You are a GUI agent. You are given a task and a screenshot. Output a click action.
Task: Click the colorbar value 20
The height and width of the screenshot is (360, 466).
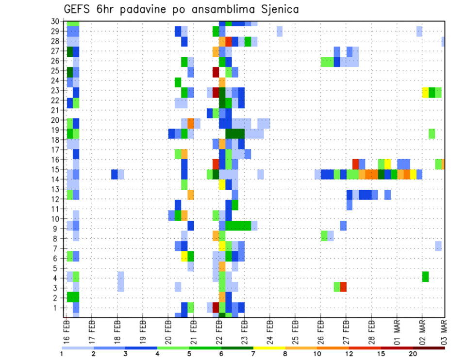pos(413,353)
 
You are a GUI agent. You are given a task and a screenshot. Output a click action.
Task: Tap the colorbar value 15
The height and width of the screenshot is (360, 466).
pos(381,353)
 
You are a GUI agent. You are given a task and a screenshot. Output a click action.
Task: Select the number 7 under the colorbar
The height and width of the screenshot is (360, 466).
pos(253,353)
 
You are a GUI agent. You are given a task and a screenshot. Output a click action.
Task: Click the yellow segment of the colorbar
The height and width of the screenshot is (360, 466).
pos(269,347)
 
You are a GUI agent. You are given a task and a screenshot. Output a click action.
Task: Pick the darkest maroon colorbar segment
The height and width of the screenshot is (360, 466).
pos(429,347)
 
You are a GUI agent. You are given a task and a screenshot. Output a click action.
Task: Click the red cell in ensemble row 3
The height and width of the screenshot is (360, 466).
pos(343,287)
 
